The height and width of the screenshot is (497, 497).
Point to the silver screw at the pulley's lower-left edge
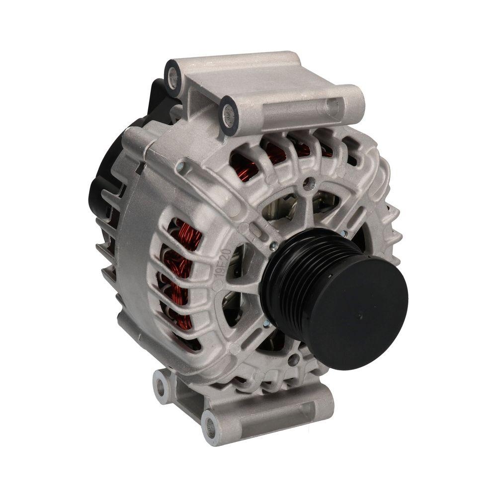(x=267, y=324)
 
